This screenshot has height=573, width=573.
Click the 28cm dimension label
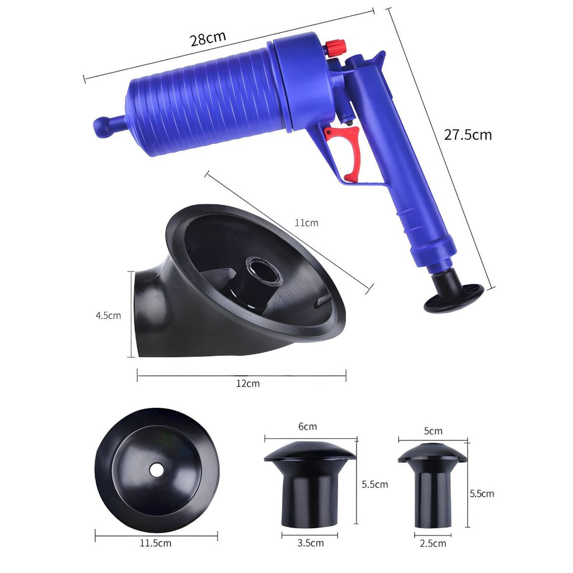pos(208,39)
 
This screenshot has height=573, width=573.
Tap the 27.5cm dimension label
pos(468,135)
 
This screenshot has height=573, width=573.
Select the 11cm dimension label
pos(307,223)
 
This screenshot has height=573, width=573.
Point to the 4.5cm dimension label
pos(108,316)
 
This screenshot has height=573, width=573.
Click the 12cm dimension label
pos(248,383)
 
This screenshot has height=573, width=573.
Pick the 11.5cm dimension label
pos(156,543)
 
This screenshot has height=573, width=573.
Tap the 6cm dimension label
pos(307,426)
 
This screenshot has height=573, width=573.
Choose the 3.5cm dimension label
pos(310,543)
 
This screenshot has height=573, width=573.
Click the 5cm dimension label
pos(433,431)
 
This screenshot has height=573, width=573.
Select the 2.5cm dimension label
pos(433,543)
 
